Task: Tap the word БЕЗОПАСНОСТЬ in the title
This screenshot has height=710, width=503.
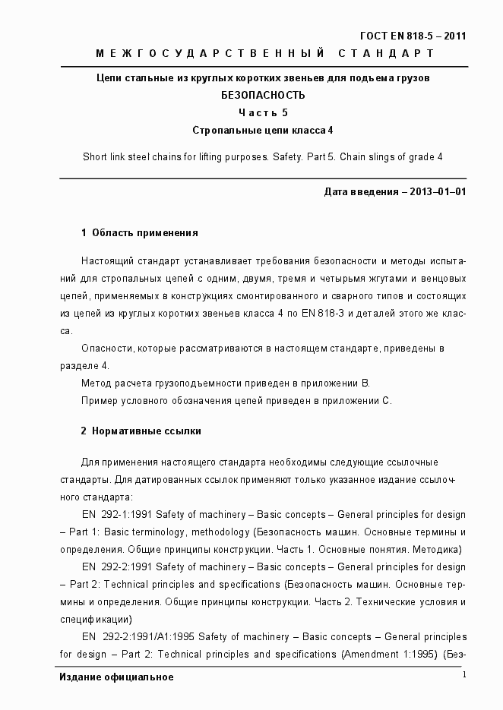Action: (262, 96)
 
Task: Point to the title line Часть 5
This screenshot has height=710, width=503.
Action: (263, 113)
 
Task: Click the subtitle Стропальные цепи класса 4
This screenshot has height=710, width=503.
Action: (263, 131)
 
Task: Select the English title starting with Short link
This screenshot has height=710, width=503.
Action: (262, 157)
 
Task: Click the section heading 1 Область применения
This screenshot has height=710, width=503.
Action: (139, 232)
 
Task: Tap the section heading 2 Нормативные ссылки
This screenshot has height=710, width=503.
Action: (141, 431)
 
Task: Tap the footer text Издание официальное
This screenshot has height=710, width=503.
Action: (116, 677)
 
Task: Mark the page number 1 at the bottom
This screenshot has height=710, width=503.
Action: (463, 675)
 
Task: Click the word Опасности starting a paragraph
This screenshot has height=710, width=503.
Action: (106, 348)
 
